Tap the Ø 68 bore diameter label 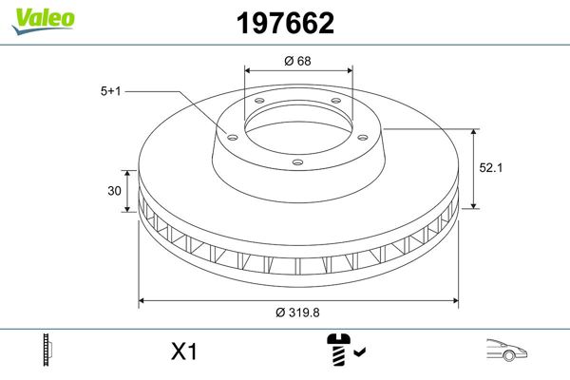[x=298, y=61]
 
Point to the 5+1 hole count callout [x=112, y=92]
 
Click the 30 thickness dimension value [x=114, y=191]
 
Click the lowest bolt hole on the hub [x=297, y=161]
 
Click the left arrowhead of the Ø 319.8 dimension [x=143, y=301]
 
